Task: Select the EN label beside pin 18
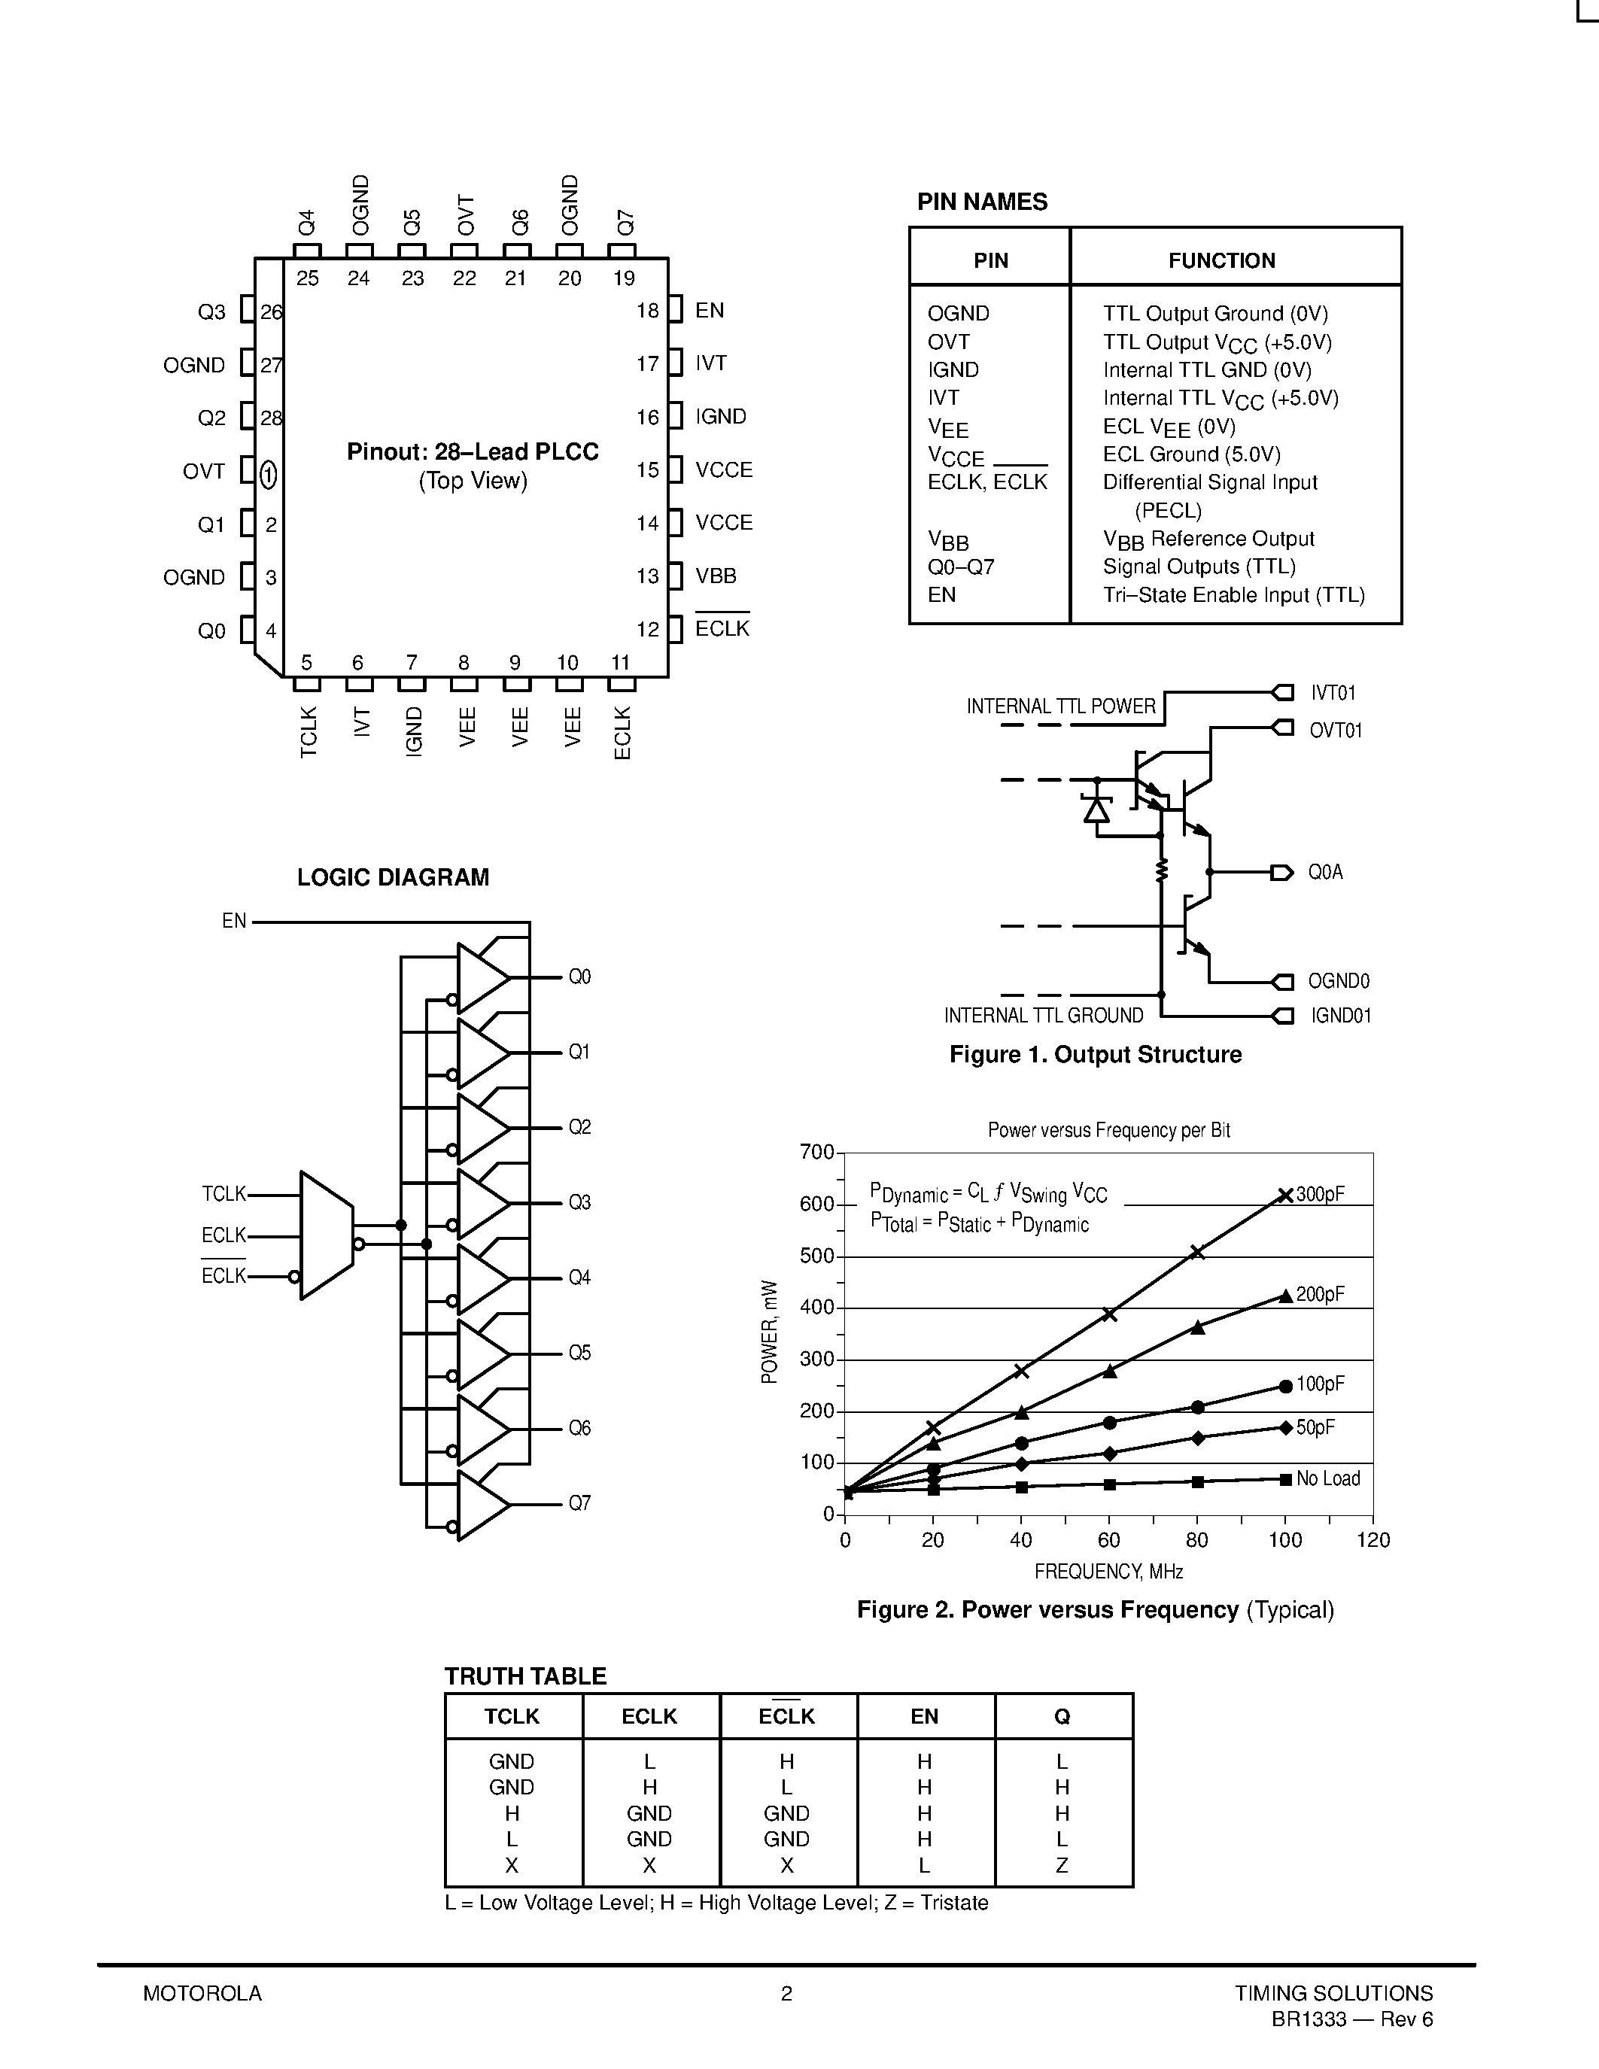pyautogui.click(x=709, y=311)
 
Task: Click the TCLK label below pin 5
pyautogui.click(x=309, y=731)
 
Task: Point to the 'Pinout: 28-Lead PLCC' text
pyautogui.click(x=473, y=452)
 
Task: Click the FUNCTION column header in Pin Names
pyautogui.click(x=1221, y=260)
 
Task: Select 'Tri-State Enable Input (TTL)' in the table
pyautogui.click(x=1233, y=595)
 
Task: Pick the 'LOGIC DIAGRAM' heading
pyautogui.click(x=393, y=877)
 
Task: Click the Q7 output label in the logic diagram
pyautogui.click(x=579, y=1503)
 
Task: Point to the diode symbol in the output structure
pyautogui.click(x=1097, y=810)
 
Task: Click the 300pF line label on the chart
pyautogui.click(x=1320, y=1195)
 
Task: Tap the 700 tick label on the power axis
pyautogui.click(x=816, y=1153)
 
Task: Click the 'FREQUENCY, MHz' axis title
pyautogui.click(x=1108, y=1572)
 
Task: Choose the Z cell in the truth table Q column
pyautogui.click(x=1062, y=1865)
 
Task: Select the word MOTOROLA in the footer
pyautogui.click(x=202, y=1993)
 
